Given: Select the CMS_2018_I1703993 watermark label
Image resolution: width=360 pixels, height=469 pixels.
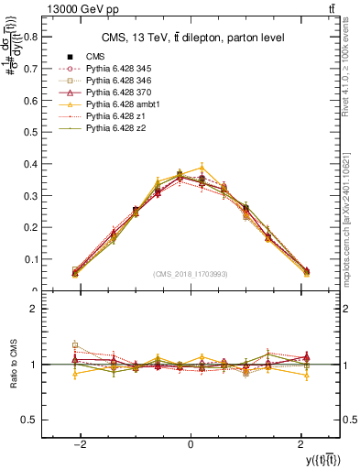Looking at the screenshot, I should tap(190, 274).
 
